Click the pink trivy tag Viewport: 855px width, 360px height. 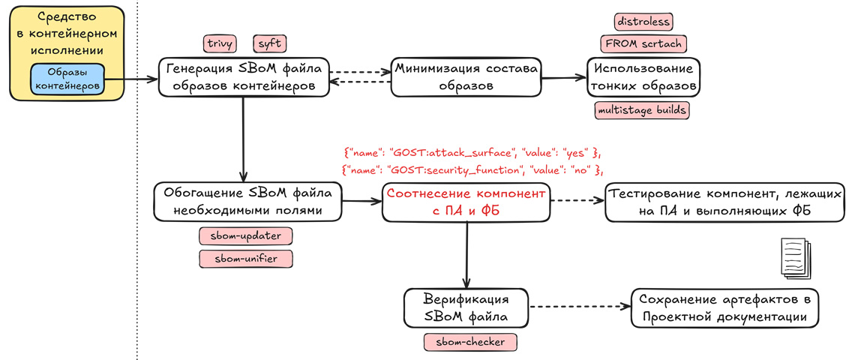pos(220,43)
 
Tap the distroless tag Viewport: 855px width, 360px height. pos(643,21)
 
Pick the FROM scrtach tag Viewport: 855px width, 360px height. pos(643,43)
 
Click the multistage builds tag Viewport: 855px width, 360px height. pos(641,110)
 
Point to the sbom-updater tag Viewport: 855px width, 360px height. pos(245,235)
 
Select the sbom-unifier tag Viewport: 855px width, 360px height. pos(245,259)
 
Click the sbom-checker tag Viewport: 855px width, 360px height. pos(470,343)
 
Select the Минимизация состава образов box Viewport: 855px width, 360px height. pos(466,76)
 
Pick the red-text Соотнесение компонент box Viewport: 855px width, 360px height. pos(466,201)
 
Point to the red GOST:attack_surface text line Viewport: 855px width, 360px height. pos(472,152)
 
